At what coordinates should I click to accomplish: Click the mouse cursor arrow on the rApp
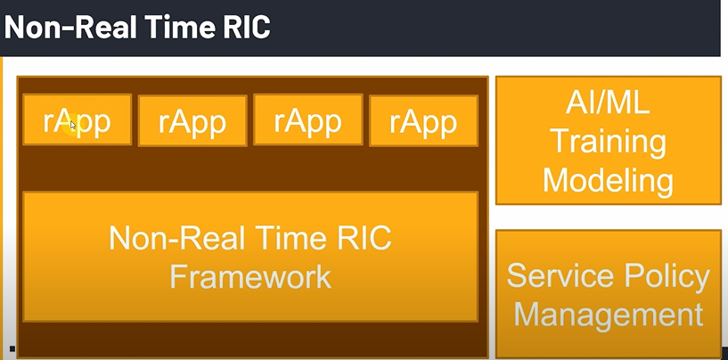point(73,125)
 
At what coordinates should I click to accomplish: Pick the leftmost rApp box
point(77,120)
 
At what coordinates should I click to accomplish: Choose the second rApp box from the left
point(192,120)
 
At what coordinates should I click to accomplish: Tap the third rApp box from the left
point(307,120)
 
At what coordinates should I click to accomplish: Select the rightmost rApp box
point(423,120)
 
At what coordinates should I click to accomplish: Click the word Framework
point(250,275)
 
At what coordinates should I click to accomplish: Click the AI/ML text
point(608,104)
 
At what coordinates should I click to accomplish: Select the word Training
point(608,142)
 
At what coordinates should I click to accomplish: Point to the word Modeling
point(608,180)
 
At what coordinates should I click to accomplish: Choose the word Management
point(608,315)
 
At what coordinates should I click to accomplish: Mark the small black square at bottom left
point(12,348)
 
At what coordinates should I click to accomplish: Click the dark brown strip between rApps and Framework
point(250,169)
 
